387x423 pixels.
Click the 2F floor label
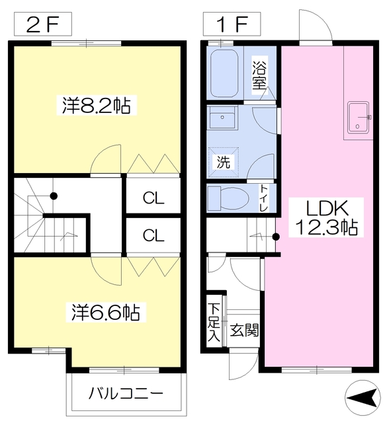pos(43,24)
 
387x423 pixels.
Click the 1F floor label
pos(232,24)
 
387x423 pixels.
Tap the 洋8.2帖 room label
pos(97,105)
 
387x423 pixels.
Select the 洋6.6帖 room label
pos(106,312)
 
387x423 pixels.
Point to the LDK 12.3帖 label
pos(326,217)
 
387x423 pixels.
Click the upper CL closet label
pos(153,198)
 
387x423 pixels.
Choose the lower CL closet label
pos(153,235)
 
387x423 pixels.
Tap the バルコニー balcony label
pos(126,393)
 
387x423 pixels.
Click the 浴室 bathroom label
pos(259,75)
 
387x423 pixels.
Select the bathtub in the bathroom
pos(224,73)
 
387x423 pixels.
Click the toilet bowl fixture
pos(228,199)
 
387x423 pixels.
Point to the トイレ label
pos(263,198)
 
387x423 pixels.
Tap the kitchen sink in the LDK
pos(358,118)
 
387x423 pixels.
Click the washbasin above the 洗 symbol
pos(222,118)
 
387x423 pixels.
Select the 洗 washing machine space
pos(224,162)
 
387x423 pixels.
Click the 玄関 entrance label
pos(244,330)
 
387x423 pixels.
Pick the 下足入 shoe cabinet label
pos(214,322)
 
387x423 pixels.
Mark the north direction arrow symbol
pos(363,398)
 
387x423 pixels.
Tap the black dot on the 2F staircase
pos(54,196)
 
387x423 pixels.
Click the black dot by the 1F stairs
pos(276,237)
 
